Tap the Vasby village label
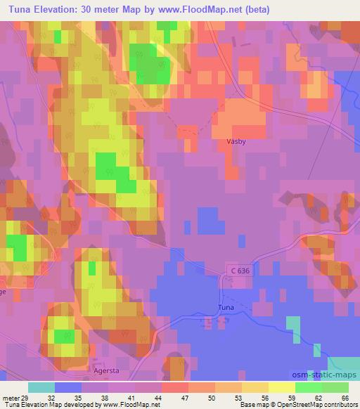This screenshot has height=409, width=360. click(x=236, y=141)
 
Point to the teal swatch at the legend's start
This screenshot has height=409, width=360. click(x=41, y=387)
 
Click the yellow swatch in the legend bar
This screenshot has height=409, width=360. click(x=281, y=387)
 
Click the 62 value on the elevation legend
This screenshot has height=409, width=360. click(x=319, y=397)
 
